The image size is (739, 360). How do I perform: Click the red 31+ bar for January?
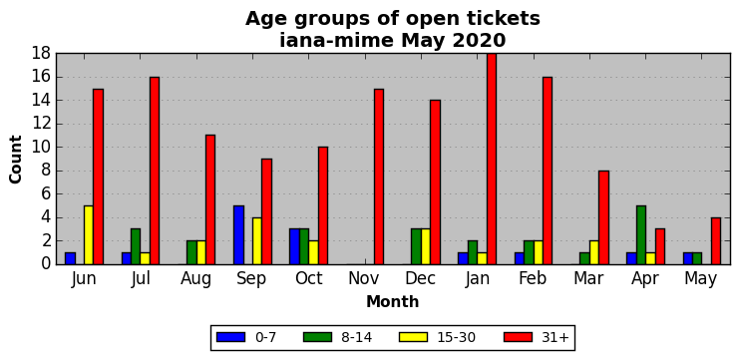coord(492,159)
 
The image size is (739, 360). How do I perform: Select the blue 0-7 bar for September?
coord(239,235)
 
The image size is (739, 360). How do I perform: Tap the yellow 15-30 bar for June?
coord(89,235)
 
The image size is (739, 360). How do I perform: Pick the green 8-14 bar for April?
coord(641,235)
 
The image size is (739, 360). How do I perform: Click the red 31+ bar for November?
coord(379,177)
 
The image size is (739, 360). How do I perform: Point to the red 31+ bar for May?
coord(716,240)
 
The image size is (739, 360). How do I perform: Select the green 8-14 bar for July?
coord(136,247)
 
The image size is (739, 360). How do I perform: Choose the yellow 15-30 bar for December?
coord(426,247)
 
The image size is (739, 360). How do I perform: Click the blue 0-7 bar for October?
coord(294,247)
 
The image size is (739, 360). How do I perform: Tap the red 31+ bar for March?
coord(603,217)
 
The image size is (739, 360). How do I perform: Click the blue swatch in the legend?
coord(231,337)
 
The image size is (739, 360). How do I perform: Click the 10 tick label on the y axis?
coord(41,147)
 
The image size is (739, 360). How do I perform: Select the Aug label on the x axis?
coord(196,279)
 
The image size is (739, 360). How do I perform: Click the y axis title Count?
coord(16,160)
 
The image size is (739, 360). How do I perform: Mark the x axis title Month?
coord(393,301)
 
